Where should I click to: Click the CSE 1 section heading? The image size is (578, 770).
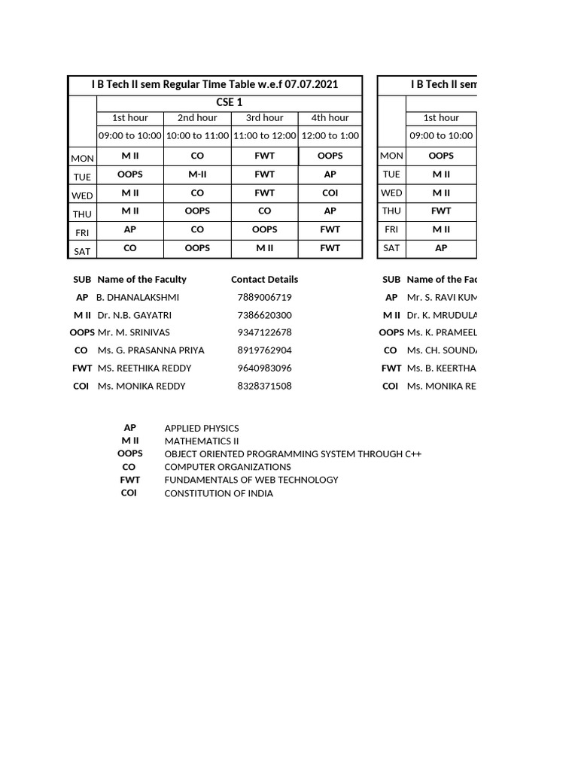229,102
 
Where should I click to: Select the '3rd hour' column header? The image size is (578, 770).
264,117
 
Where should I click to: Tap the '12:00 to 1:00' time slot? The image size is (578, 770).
330,135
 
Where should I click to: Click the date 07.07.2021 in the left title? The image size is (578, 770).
311,84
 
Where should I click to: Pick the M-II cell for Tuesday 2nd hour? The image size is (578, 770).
197,174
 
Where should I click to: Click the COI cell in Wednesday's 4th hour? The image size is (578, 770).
330,193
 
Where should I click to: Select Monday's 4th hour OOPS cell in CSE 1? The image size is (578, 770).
330,156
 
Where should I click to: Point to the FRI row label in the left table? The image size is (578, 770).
82,232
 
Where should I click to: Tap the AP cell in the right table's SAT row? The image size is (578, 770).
441,247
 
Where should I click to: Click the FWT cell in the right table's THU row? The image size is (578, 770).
441,211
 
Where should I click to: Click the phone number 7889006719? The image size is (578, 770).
264,298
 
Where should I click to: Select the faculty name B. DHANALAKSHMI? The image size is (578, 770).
138,298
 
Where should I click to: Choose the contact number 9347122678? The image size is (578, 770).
264,332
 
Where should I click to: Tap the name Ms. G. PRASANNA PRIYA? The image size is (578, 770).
151,350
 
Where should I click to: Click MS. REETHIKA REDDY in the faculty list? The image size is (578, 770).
144,368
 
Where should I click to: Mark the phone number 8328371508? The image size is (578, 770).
264,387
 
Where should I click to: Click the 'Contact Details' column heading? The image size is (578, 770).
264,280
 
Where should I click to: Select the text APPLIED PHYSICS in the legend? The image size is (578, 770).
202,429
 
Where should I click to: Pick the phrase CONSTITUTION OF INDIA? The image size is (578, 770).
218,493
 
